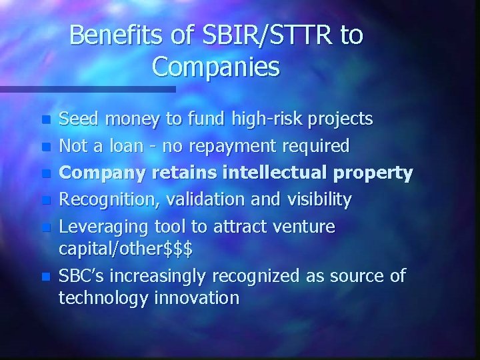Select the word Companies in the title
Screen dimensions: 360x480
click(x=216, y=67)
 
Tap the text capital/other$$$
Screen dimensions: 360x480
click(x=126, y=249)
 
